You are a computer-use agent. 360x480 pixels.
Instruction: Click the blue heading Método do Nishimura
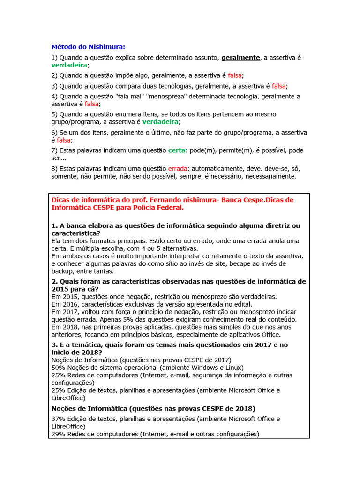[88, 46]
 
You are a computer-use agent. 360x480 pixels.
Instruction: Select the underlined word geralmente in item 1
[240, 58]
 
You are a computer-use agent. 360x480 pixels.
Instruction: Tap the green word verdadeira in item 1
[69, 65]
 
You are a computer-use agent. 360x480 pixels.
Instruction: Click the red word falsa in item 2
[235, 75]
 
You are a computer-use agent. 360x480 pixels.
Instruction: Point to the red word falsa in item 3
[278, 86]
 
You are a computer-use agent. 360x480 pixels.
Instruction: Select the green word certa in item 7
[177, 150]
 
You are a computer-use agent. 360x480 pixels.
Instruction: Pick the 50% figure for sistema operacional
[58, 367]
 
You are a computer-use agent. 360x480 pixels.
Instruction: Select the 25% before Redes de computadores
[58, 375]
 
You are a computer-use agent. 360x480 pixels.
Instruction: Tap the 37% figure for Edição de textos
[58, 419]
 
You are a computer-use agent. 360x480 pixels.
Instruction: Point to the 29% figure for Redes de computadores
[58, 434]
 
